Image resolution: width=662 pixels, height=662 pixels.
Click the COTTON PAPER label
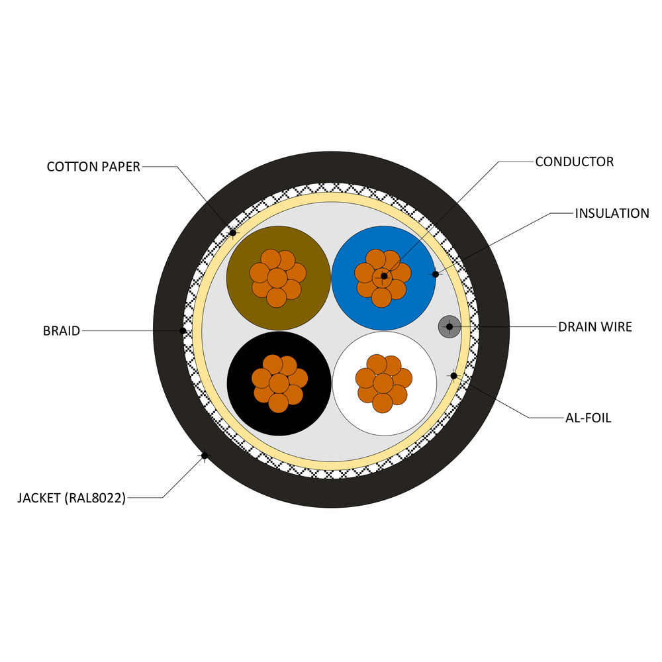pyautogui.click(x=93, y=167)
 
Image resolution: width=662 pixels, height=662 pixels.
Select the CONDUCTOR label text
pyautogui.click(x=574, y=162)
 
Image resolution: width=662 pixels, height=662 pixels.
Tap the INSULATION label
pyautogui.click(x=612, y=213)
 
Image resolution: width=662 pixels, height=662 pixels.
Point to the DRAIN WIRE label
pyautogui.click(x=595, y=327)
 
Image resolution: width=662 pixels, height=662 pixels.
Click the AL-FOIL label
pyautogui.click(x=588, y=418)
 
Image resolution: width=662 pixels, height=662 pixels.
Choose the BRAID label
pyautogui.click(x=62, y=330)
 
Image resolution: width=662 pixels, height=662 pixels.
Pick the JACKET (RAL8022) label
pyautogui.click(x=71, y=498)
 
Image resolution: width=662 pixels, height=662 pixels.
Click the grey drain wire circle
pyautogui.click(x=449, y=327)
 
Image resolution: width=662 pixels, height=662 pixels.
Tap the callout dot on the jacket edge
pyautogui.click(x=205, y=455)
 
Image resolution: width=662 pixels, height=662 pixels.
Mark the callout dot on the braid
pyautogui.click(x=183, y=330)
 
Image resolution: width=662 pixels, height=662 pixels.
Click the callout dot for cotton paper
pyautogui.click(x=232, y=232)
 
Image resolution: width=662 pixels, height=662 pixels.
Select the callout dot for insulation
pyautogui.click(x=436, y=275)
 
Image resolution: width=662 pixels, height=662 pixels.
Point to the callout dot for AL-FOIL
pyautogui.click(x=453, y=376)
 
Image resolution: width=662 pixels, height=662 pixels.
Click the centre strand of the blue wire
pyautogui.click(x=383, y=277)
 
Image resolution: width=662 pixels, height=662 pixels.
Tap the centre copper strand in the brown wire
pyautogui.click(x=277, y=277)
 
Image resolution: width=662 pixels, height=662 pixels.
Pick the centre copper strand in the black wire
pyautogui.click(x=279, y=383)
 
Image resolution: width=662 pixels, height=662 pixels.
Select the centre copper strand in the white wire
pyautogui.click(x=383, y=383)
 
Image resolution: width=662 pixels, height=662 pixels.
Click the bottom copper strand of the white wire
pyautogui.click(x=383, y=402)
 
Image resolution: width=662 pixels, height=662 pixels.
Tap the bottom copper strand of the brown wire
pyautogui.click(x=277, y=298)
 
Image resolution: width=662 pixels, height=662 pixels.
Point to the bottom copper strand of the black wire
pyautogui.click(x=278, y=402)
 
